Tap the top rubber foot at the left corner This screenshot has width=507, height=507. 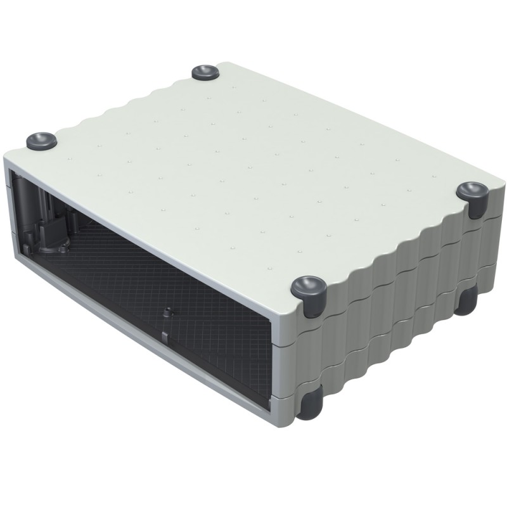pos(41,141)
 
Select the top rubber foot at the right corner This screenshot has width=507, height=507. pos(472,191)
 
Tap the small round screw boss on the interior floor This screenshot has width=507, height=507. pos(167,312)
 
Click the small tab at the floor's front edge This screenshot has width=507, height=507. pos(164,334)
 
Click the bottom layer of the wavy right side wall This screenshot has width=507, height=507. pos(393,345)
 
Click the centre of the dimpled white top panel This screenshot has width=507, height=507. pos(253,165)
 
